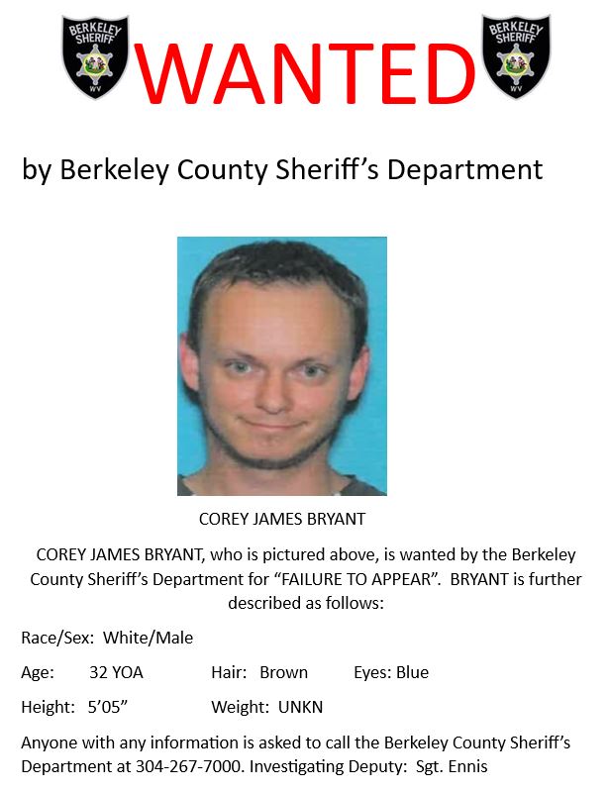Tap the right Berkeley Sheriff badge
[516, 57]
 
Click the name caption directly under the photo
[282, 519]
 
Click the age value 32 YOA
[116, 673]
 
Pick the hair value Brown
[283, 673]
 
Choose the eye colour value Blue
[412, 673]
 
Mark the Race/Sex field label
[57, 639]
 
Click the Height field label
[47, 708]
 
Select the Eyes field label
[371, 673]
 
